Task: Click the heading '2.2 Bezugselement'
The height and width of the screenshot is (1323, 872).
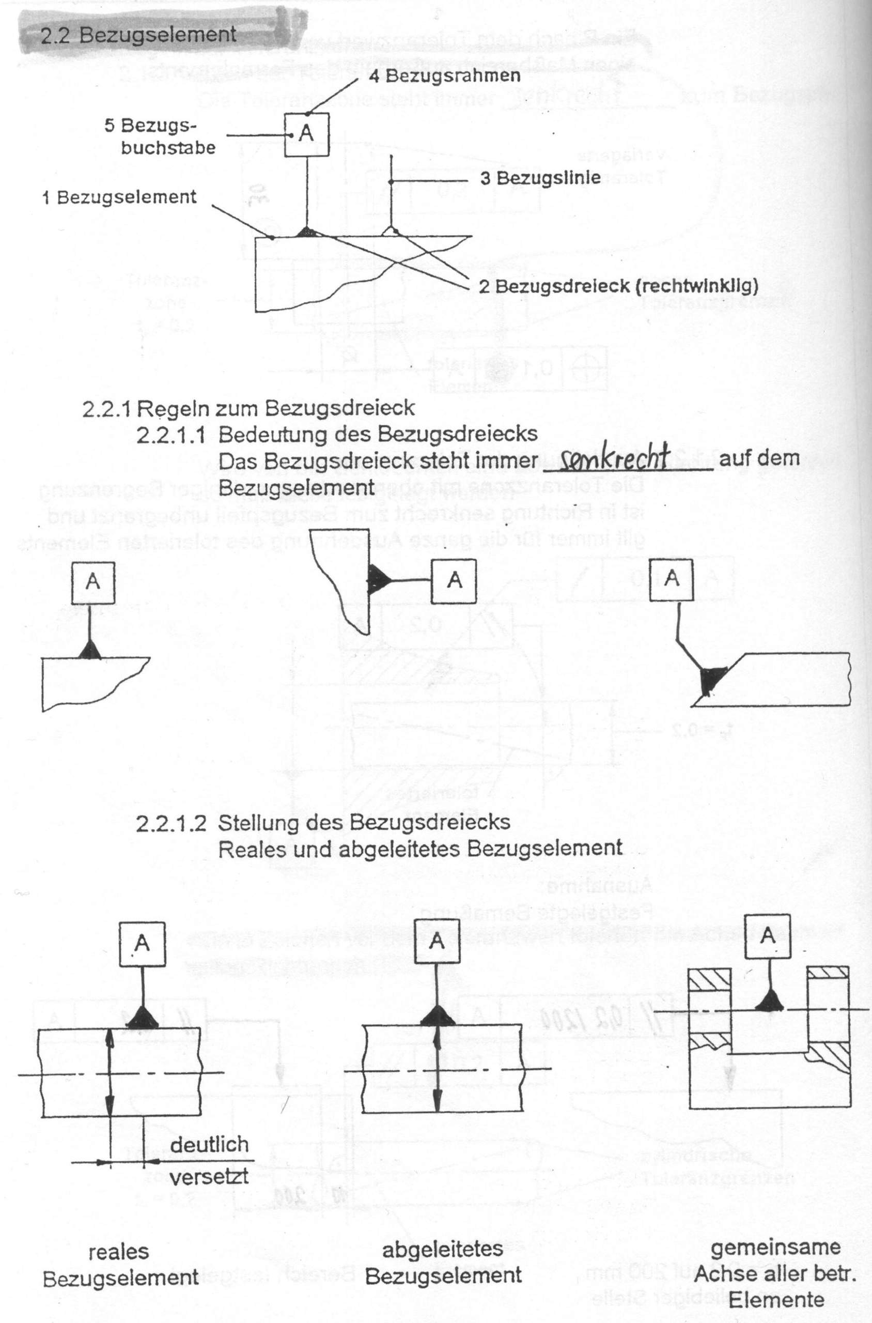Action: point(139,35)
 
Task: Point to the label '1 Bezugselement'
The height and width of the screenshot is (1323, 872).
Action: point(119,197)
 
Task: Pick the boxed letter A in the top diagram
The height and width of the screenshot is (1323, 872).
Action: point(306,133)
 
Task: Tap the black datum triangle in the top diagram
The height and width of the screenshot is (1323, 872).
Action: point(307,232)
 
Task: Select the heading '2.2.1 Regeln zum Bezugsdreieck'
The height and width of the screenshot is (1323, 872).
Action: point(248,408)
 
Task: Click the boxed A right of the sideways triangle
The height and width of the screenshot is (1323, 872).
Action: point(455,580)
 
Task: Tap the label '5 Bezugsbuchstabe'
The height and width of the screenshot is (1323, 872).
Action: point(159,137)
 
